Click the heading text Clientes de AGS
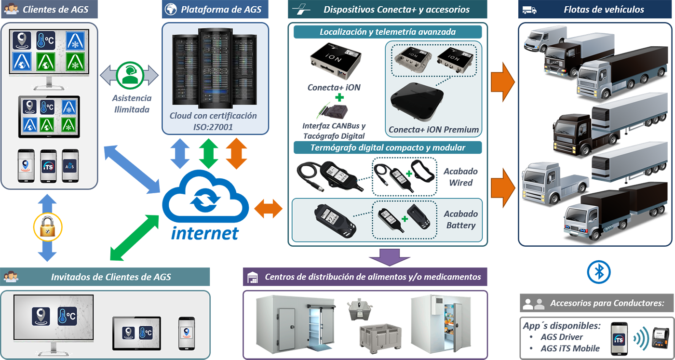[56, 9]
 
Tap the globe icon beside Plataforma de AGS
[170, 9]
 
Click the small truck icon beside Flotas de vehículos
[529, 10]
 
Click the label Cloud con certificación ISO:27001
[213, 121]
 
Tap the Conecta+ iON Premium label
[433, 129]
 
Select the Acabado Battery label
[461, 220]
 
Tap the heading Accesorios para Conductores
[607, 304]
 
